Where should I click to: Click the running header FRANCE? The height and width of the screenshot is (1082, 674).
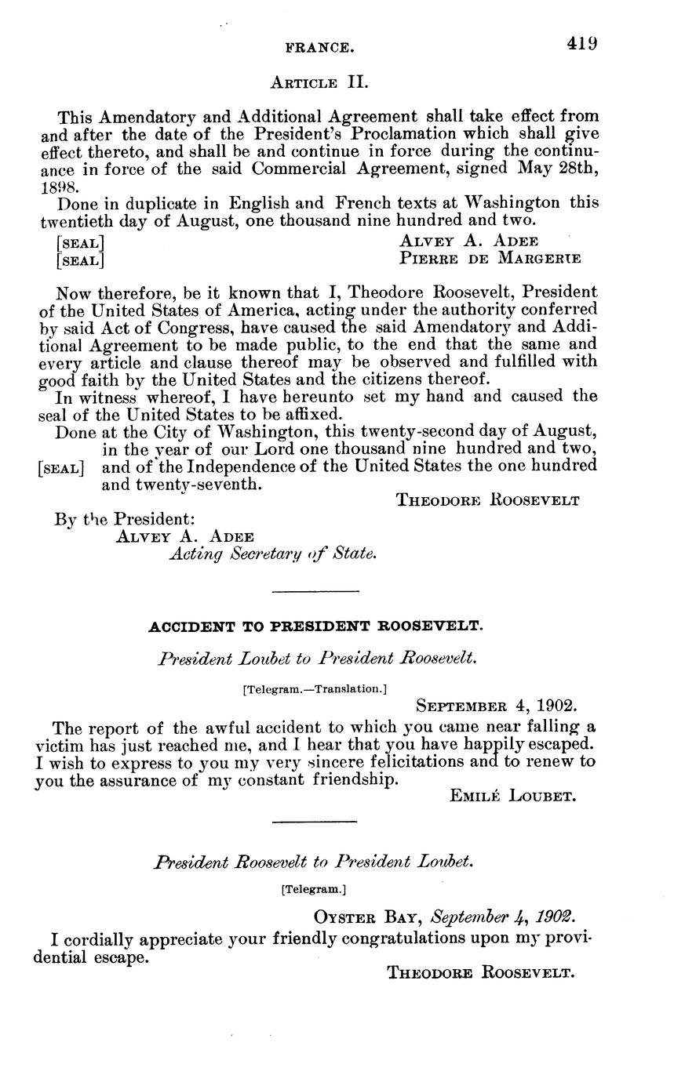point(319,49)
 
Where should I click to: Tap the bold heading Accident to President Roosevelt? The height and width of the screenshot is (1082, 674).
point(315,626)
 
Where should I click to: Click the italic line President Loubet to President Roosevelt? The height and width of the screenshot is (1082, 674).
point(317,659)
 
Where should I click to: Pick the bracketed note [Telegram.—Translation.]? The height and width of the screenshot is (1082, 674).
point(315,689)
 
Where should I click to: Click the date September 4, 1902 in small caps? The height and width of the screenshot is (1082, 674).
point(497,704)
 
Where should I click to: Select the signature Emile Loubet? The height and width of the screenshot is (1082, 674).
point(514,797)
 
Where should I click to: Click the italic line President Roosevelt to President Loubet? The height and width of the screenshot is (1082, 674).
point(314,862)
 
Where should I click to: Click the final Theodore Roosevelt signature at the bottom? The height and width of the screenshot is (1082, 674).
point(482,973)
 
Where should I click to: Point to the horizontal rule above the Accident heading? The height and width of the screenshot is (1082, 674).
point(315,590)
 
